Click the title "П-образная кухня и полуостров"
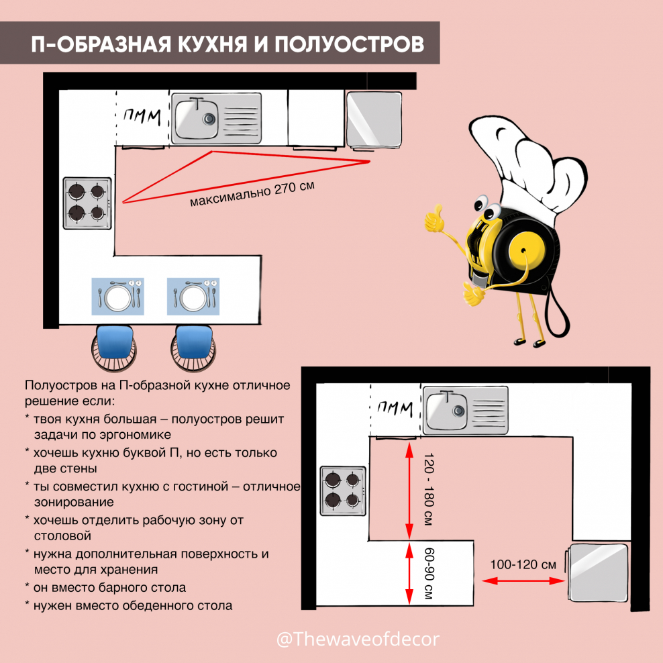[x=227, y=44]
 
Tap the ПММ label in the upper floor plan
[x=142, y=118]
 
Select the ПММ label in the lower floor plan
[x=395, y=409]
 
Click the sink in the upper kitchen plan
[x=215, y=118]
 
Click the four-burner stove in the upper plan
[x=87, y=203]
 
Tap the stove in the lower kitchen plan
[x=343, y=491]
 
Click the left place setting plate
[x=118, y=296]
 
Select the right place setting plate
[x=193, y=296]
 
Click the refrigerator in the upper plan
[x=374, y=119]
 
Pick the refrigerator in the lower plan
[x=598, y=572]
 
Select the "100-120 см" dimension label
[x=522, y=565]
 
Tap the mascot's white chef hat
[x=530, y=161]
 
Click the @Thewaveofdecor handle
[x=358, y=640]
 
